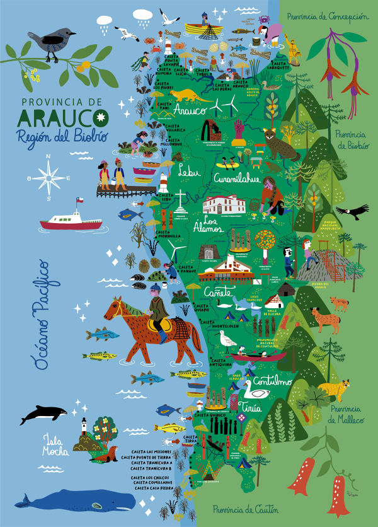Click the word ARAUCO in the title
63,117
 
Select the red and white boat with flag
71,221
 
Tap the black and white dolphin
43,414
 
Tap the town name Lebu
188,170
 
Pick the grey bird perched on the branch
47,43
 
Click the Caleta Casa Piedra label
153,489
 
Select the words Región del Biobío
56,136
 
